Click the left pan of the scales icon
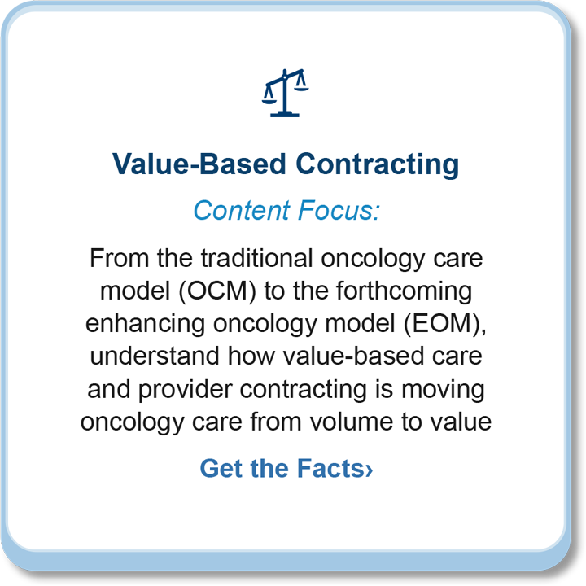tap(269, 101)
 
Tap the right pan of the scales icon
tap(301, 89)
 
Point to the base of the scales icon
tap(285, 114)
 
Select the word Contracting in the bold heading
tap(378, 164)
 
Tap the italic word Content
tap(242, 210)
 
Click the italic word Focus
tap(339, 210)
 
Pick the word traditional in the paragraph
tap(256, 258)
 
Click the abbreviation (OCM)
tap(217, 291)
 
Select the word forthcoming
tap(404, 291)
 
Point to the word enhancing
tap(146, 324)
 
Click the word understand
tap(155, 356)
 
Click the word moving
tap(443, 389)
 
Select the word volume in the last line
tap(352, 422)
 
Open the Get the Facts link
tap(286, 468)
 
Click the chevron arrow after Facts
tap(369, 470)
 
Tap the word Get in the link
tap(221, 468)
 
